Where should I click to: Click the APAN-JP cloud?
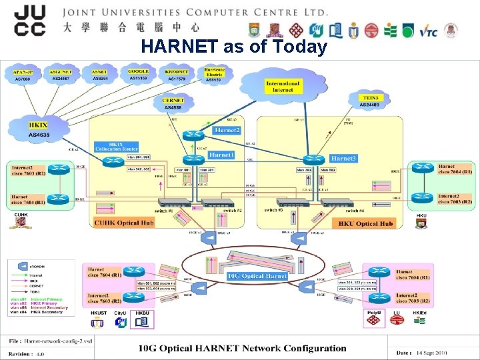point(25,75)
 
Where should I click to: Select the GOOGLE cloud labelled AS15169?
point(139,75)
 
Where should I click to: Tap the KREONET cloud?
point(177,75)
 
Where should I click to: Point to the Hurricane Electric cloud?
point(213,75)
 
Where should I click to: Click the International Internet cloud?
point(283,87)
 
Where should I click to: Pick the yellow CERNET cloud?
point(173,104)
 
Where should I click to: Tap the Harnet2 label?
point(227,130)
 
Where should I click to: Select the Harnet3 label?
point(343,159)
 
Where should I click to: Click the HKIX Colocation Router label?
point(117,147)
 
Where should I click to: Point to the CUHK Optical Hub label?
point(124,223)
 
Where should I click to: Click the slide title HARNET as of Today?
point(234,47)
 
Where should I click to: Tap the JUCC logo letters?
point(29,20)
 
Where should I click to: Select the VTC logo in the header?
point(428,31)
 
